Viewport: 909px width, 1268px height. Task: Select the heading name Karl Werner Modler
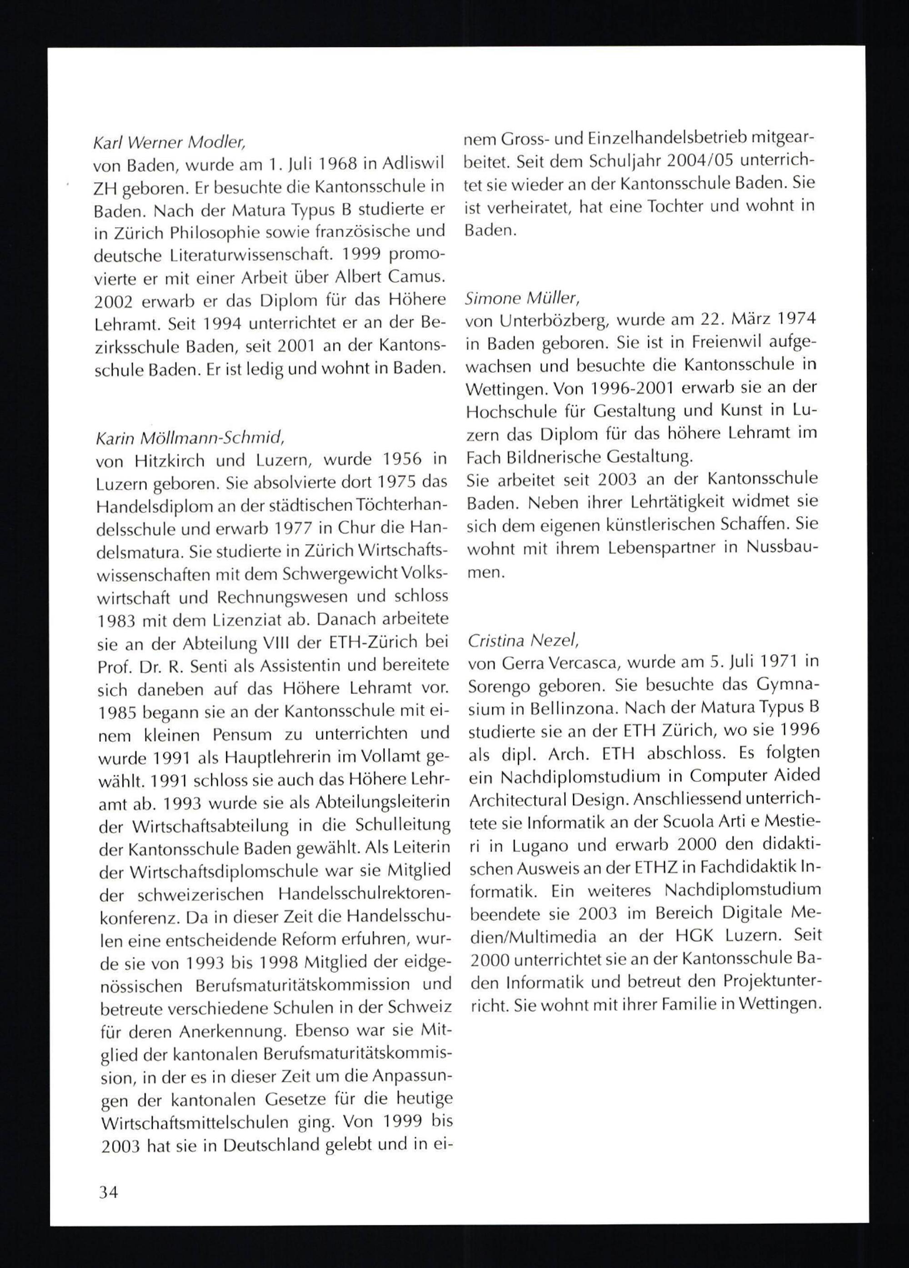click(170, 143)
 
